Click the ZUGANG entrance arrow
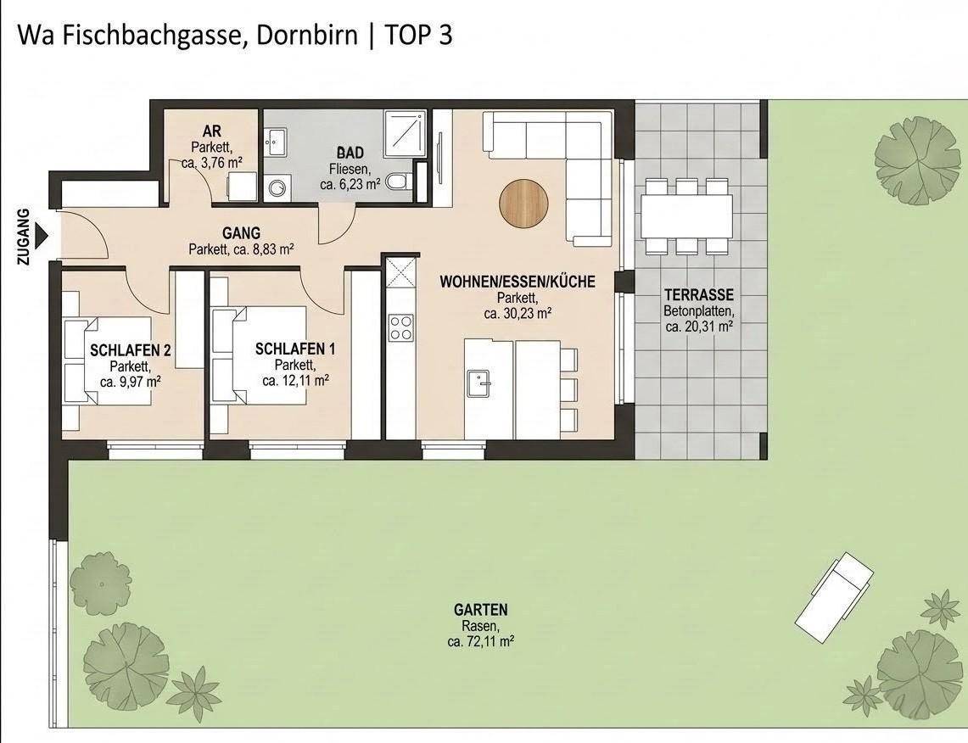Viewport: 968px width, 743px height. click(42, 237)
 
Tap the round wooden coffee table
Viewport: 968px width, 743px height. click(523, 204)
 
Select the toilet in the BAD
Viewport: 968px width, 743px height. click(398, 182)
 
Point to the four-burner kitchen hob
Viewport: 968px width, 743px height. click(400, 327)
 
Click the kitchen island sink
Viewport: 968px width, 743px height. click(479, 384)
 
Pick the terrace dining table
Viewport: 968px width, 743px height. click(687, 217)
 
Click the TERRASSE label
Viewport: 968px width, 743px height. click(699, 295)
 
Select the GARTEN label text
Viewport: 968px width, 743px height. click(481, 610)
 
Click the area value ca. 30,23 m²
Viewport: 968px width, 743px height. click(518, 313)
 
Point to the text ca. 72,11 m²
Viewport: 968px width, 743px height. click(481, 642)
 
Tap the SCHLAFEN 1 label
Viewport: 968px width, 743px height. click(295, 349)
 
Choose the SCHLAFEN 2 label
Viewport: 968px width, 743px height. click(131, 350)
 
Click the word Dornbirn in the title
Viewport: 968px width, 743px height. click(307, 35)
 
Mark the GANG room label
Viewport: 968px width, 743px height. click(242, 233)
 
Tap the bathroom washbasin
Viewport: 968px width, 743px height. click(275, 142)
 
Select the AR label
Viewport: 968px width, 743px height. click(212, 131)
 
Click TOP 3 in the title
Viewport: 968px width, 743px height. click(418, 35)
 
